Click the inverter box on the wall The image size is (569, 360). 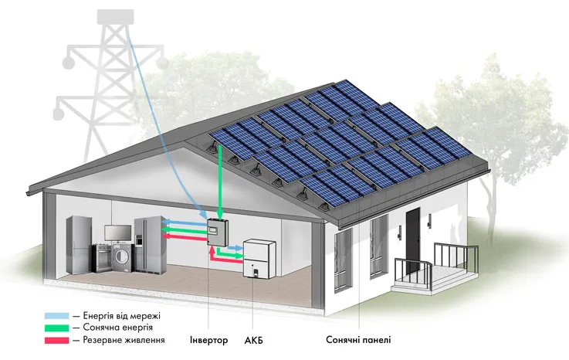click(x=218, y=232)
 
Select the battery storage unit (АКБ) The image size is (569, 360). click(x=259, y=259)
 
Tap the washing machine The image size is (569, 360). click(x=123, y=257)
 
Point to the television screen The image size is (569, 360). click(x=118, y=233)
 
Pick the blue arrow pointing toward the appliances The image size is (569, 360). click(x=185, y=222)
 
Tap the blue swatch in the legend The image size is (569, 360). click(x=56, y=316)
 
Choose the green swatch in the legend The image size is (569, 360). click(x=56, y=328)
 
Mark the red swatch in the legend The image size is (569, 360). click(x=56, y=340)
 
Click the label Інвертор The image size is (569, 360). click(x=209, y=340)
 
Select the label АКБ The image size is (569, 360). click(x=254, y=341)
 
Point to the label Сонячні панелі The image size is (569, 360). click(x=358, y=340)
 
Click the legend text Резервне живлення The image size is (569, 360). click(x=124, y=340)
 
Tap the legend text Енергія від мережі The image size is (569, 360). click(x=121, y=316)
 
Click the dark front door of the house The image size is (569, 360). click(x=413, y=240)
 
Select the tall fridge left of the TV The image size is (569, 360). click(x=79, y=245)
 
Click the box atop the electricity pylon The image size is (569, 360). click(x=115, y=17)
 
